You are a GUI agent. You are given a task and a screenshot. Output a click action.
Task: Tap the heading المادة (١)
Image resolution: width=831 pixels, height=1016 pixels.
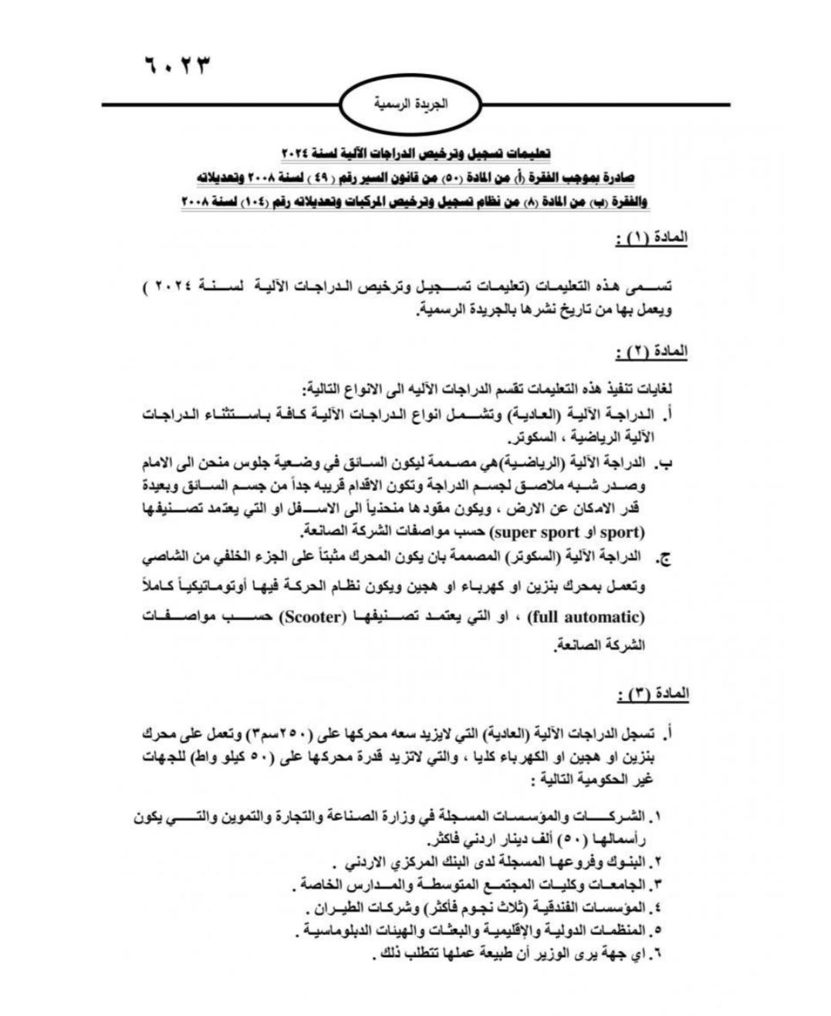(653, 239)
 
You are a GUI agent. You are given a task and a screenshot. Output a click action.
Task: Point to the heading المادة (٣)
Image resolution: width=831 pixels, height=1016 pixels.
(653, 694)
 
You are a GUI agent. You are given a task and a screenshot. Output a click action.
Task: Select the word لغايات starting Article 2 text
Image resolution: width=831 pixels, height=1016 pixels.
(668, 387)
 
